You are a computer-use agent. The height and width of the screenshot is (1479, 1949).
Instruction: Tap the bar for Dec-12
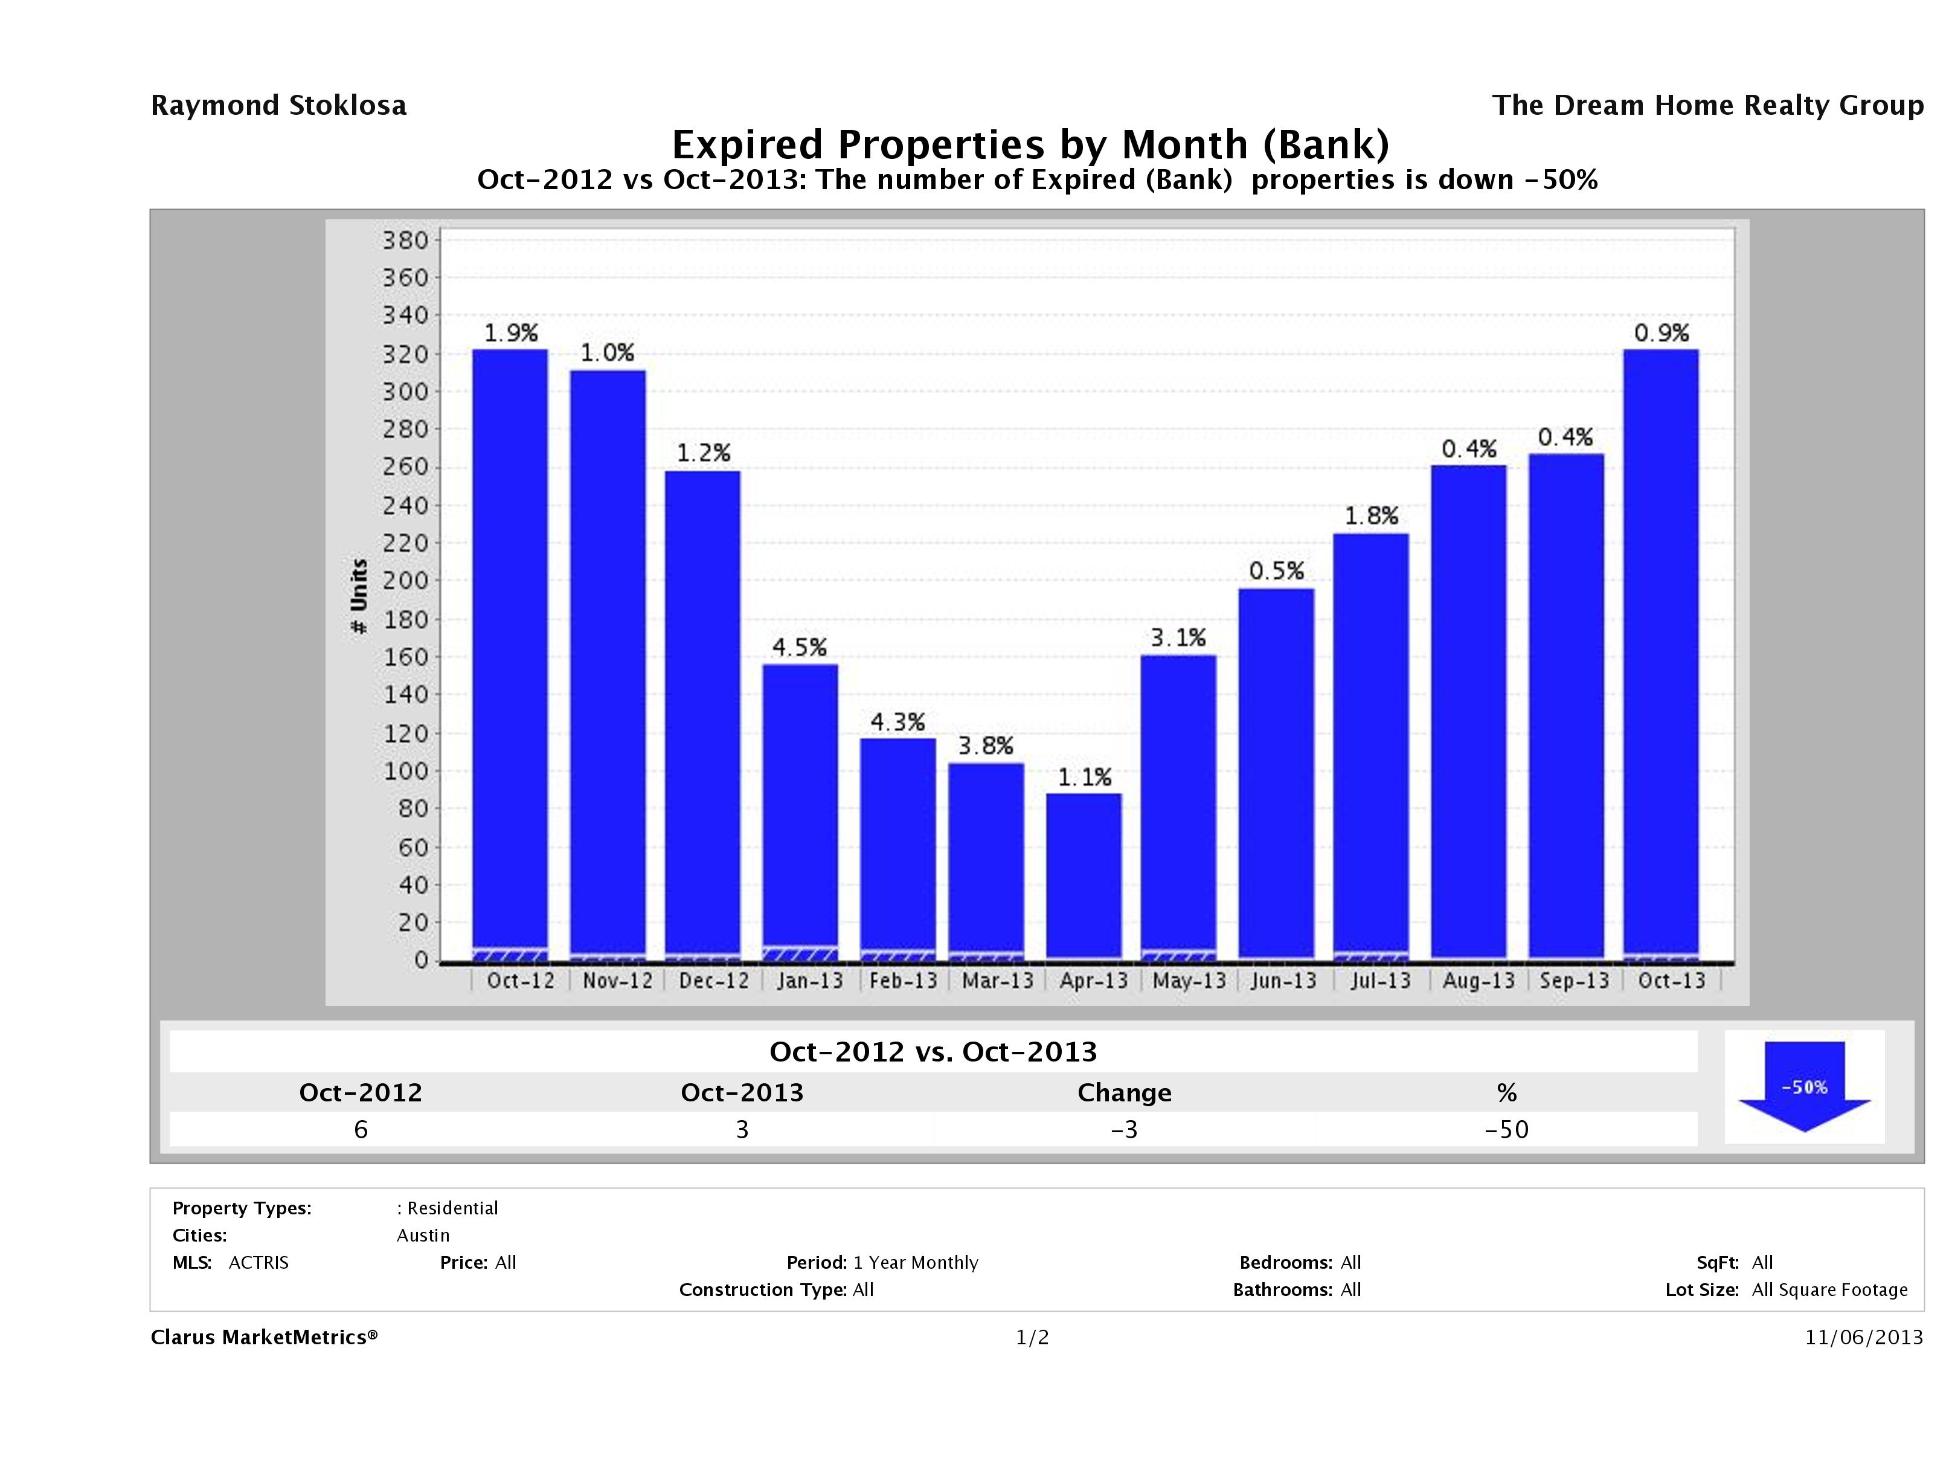point(702,714)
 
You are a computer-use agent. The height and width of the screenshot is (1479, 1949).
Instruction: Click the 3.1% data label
point(1178,637)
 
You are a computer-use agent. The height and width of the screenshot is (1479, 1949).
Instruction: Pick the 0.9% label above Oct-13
point(1661,333)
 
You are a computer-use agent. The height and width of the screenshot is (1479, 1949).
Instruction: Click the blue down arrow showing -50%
point(1803,1086)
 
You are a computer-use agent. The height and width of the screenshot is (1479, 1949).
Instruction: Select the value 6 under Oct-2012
point(361,1129)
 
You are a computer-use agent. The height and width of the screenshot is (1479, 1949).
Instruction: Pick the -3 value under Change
point(1125,1129)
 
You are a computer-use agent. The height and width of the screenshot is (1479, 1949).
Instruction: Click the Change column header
point(1125,1093)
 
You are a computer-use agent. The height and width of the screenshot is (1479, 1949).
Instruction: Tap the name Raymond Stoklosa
point(278,106)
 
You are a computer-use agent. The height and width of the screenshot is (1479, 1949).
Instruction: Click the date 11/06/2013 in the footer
point(1863,1337)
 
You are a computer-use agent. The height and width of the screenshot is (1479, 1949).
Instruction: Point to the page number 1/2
point(1032,1337)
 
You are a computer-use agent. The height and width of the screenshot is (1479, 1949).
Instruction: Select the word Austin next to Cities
point(423,1235)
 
